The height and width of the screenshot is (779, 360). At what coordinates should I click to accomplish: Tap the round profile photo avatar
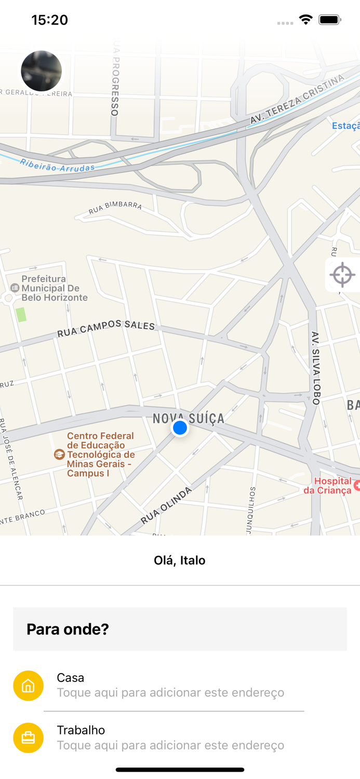[x=42, y=71]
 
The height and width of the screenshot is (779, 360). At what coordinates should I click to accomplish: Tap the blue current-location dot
[x=180, y=427]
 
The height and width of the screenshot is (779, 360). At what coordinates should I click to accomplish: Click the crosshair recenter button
[x=342, y=275]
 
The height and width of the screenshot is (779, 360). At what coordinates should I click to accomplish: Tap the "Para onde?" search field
[x=180, y=629]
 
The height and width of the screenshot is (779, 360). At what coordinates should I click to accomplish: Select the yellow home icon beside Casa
[x=28, y=686]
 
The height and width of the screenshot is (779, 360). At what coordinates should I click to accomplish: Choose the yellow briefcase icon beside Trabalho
[x=28, y=737]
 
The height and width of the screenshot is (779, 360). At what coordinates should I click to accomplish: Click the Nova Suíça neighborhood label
[x=189, y=418]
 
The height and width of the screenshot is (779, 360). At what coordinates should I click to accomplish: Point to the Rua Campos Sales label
[x=106, y=328]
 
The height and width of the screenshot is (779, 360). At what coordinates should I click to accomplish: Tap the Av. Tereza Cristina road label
[x=297, y=99]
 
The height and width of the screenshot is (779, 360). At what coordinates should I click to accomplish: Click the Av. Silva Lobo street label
[x=315, y=368]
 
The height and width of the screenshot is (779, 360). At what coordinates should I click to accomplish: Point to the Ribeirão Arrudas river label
[x=58, y=165]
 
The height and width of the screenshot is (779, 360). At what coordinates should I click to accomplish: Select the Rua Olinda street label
[x=166, y=505]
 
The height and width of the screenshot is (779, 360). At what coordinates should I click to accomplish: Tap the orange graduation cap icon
[x=59, y=454]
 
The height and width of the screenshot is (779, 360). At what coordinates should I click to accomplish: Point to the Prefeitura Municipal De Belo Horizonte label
[x=54, y=288]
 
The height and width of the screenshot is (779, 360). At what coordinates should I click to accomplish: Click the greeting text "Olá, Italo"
[x=180, y=560]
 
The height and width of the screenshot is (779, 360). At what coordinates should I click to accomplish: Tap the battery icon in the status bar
[x=330, y=20]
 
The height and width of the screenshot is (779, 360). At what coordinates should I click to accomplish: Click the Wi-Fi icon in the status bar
[x=305, y=20]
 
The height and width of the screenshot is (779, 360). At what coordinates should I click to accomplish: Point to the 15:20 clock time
[x=49, y=20]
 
